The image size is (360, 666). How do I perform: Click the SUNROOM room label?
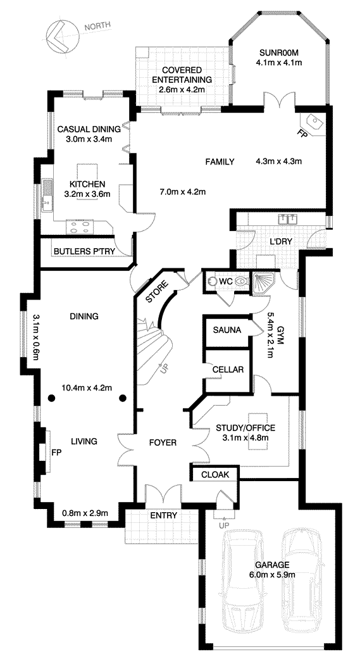[278, 53]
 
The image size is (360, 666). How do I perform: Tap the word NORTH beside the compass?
[97, 27]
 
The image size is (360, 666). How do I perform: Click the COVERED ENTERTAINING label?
[182, 74]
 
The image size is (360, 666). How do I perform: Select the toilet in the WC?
[240, 281]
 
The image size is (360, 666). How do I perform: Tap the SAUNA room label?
[227, 330]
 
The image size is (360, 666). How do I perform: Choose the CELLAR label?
[228, 370]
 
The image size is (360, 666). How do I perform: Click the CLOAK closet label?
[215, 474]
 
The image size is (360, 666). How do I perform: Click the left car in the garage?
[239, 581]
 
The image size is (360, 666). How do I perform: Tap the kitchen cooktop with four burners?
[80, 227]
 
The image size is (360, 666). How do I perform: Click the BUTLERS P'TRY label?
[85, 251]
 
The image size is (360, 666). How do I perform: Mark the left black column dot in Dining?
[52, 398]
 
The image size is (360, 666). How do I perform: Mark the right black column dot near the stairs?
[123, 398]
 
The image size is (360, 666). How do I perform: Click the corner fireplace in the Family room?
[313, 123]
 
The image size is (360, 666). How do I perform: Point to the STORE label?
[156, 292]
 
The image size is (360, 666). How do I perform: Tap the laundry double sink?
[287, 219]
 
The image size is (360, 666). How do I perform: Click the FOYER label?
[163, 443]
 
